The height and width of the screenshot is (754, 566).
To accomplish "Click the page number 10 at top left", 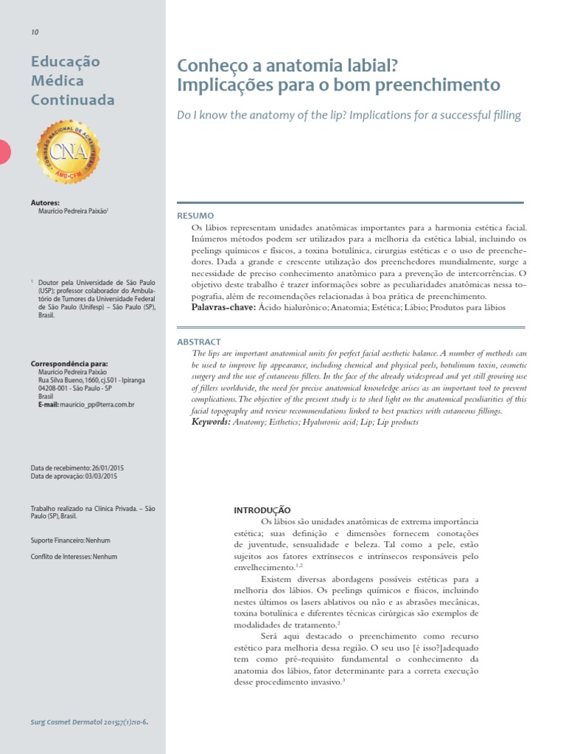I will point(35,32).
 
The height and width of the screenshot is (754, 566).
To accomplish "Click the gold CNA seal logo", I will point(68,152).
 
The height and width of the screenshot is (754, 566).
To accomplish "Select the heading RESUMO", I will point(195,216).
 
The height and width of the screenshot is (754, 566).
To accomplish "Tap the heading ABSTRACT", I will point(198,342).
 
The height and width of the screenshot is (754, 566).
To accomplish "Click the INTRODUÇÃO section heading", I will point(262,510).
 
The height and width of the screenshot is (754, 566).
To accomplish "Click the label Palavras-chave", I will point(223,307).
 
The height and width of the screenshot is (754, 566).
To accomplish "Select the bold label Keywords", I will point(210,422).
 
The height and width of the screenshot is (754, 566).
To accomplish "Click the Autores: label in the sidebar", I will point(45,202).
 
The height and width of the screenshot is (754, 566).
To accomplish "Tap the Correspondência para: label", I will point(69,364).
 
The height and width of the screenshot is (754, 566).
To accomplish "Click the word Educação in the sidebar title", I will point(66,62).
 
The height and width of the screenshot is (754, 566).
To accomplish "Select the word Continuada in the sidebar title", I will point(72,100).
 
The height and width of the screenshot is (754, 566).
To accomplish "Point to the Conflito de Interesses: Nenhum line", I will point(74,557).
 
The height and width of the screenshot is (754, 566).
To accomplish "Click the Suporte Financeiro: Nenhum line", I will point(70,540).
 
